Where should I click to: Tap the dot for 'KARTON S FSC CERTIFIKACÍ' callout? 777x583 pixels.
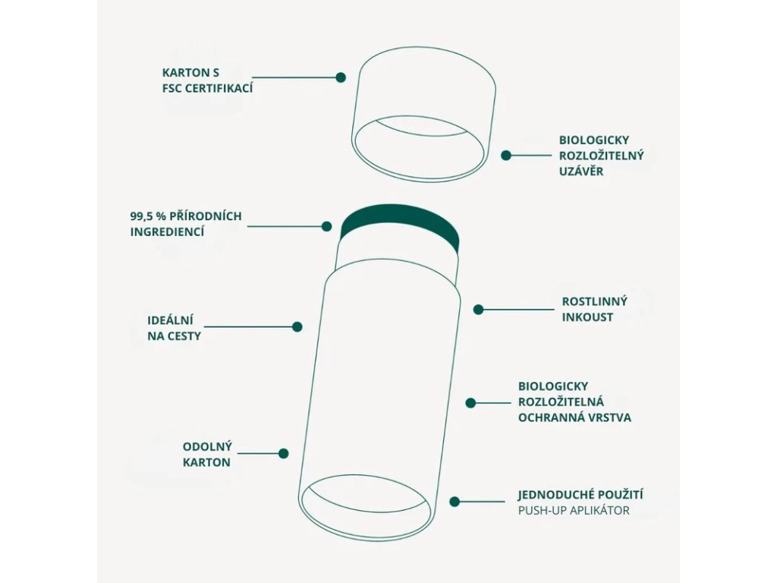(341, 77)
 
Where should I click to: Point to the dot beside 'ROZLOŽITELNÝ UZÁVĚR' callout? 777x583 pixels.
(506, 155)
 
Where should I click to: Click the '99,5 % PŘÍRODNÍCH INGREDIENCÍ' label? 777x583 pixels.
(186, 224)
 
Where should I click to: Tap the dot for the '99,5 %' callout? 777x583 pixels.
(327, 226)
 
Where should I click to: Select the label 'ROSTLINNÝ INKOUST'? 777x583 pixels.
(594, 309)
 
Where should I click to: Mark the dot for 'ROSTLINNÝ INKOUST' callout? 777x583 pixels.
(479, 309)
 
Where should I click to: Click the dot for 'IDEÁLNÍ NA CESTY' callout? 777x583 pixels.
(297, 326)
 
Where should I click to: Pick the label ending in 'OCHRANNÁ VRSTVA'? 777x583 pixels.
(574, 402)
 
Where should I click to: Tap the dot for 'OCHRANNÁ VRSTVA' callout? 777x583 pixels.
(470, 403)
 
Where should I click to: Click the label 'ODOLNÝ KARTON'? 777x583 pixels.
(206, 453)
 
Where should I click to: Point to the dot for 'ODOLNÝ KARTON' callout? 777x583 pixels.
(284, 453)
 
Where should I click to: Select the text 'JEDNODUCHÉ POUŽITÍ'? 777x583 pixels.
(581, 495)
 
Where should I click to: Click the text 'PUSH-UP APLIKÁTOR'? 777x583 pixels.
(574, 510)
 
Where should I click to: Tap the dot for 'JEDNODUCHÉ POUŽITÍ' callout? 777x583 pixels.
(455, 501)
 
